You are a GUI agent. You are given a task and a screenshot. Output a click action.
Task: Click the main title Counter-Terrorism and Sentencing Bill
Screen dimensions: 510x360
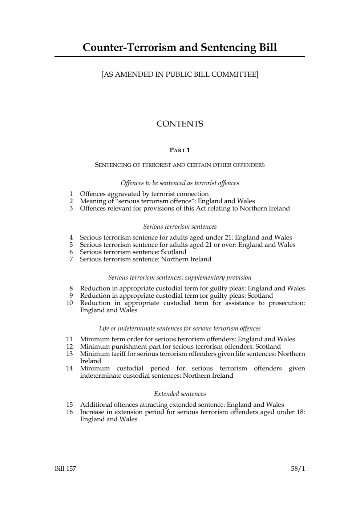tap(179, 48)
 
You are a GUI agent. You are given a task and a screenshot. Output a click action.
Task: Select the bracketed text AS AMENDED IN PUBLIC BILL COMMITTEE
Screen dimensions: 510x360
tap(179, 75)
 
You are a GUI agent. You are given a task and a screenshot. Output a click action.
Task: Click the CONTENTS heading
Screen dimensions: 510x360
tap(179, 124)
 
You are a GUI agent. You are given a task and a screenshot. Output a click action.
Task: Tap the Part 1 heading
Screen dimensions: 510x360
tap(179, 150)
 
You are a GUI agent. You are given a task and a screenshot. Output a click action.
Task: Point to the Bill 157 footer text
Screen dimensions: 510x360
tap(65, 469)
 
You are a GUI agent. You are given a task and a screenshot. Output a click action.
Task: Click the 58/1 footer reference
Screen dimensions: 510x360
tap(298, 469)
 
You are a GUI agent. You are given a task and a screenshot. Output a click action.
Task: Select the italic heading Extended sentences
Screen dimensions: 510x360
tap(179, 394)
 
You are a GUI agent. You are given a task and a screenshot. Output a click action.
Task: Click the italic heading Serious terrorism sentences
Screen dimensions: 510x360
tap(179, 226)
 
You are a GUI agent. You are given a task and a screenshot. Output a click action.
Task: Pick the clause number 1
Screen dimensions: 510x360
tap(71, 194)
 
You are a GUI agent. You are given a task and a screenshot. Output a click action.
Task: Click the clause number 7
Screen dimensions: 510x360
tap(71, 259)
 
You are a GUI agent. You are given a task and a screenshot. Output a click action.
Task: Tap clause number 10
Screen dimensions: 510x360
tap(69, 303)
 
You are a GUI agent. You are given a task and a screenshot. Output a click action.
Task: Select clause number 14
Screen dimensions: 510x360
tap(69, 368)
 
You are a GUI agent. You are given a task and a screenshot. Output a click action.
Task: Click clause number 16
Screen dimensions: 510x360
tap(69, 412)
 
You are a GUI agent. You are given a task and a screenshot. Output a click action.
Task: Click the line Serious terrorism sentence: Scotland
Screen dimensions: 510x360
tap(133, 252)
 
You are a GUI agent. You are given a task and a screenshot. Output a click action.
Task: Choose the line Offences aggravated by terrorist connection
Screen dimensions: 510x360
tap(144, 194)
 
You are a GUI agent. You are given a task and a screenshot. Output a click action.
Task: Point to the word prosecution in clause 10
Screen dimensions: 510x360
tap(287, 303)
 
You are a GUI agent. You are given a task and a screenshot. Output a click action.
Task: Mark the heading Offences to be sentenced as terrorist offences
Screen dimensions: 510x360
tap(179, 183)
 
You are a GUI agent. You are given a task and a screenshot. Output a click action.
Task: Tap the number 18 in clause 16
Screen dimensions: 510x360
tap(300, 412)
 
